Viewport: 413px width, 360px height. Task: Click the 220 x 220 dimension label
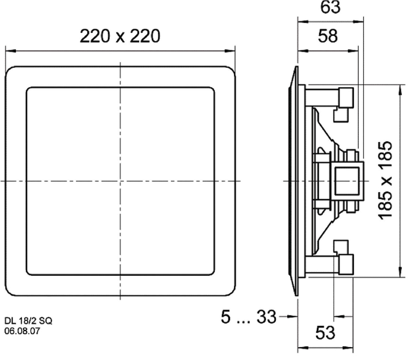[120, 36]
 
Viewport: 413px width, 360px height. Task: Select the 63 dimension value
[330, 7]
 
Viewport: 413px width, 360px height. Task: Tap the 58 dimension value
[328, 36]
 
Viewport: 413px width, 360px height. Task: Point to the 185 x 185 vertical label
[386, 181]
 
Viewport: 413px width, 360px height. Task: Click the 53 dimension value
[325, 333]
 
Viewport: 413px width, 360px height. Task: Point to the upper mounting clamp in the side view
[345, 97]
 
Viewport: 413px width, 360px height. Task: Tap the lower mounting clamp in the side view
[345, 264]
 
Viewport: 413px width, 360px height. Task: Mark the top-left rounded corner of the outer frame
[10, 71]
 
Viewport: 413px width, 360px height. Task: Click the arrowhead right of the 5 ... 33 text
[294, 317]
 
